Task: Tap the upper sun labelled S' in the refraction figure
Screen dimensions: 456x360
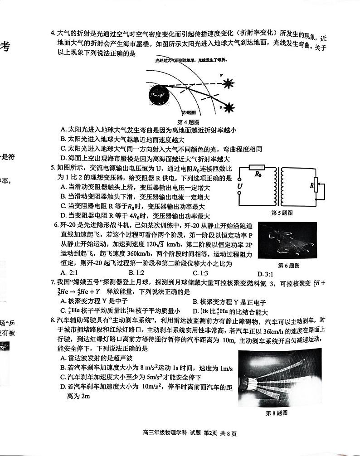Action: click(x=228, y=83)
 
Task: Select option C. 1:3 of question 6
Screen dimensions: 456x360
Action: click(x=200, y=273)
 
